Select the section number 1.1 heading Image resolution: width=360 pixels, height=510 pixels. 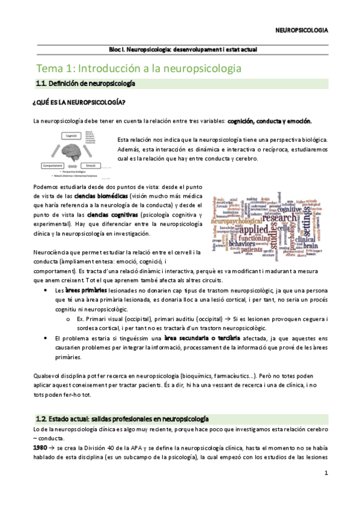pos(43,84)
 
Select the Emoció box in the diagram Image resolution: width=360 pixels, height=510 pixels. pos(92,165)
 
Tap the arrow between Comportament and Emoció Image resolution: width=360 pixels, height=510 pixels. pos(73,165)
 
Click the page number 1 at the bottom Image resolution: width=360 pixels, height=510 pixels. pos(325,473)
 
